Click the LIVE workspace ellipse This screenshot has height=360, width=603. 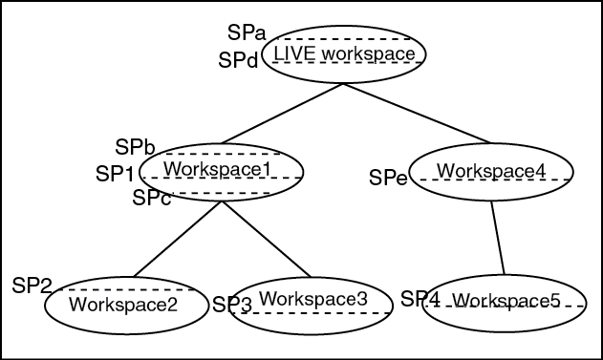click(344, 54)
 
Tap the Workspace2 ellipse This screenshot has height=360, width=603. click(124, 306)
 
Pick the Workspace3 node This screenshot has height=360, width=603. click(312, 304)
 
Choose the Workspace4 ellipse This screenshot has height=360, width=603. click(492, 172)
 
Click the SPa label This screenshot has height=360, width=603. click(247, 33)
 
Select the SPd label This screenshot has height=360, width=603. click(238, 61)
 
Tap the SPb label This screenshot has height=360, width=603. click(135, 147)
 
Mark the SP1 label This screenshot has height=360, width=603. click(116, 174)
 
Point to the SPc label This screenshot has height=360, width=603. click(151, 199)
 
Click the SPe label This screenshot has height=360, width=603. click(389, 178)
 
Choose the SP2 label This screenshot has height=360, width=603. click(32, 285)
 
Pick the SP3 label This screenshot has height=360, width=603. click(231, 306)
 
